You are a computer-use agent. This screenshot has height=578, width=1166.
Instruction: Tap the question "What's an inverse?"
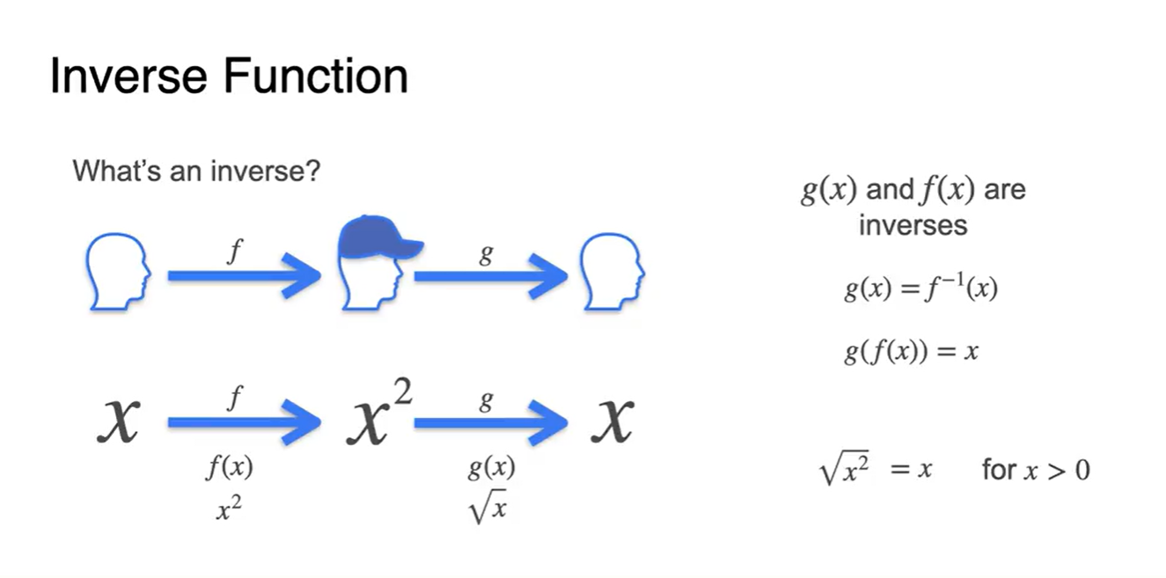(x=195, y=170)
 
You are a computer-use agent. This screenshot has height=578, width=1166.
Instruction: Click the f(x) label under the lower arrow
(x=229, y=468)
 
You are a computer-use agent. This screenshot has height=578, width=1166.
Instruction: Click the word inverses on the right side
(x=913, y=225)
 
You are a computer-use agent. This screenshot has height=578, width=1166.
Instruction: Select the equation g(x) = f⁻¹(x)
(x=920, y=289)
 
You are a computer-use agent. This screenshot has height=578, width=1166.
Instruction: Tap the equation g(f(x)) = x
(x=911, y=352)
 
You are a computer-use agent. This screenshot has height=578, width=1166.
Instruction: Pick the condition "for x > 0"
(x=1036, y=470)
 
